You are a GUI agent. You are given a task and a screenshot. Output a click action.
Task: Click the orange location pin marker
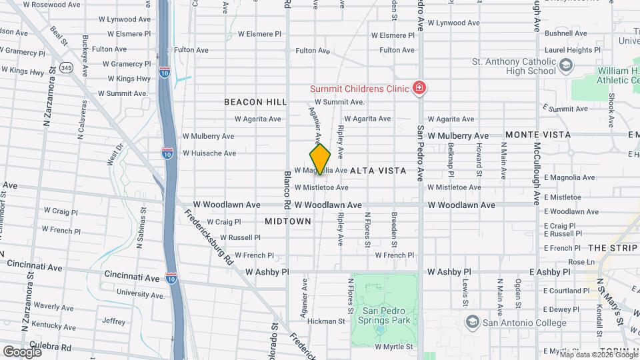pos(320,159)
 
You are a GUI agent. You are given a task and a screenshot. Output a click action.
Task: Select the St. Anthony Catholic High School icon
pos(566,65)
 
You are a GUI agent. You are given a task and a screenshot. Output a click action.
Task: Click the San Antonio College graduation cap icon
pos(473,323)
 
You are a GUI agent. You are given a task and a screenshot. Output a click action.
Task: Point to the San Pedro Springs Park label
pos(385,316)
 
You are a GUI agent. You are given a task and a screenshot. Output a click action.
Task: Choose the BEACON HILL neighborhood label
pos(255,102)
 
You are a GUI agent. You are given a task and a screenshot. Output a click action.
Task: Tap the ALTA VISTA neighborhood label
pos(378,171)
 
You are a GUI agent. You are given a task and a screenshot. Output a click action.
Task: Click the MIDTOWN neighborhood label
pos(288,221)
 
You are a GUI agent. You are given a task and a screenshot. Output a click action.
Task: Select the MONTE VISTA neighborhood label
pos(538,135)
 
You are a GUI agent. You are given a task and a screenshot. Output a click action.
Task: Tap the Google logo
pos(21,351)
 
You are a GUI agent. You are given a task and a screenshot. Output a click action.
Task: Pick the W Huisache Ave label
pos(209,153)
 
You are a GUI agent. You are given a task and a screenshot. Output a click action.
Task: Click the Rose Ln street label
pos(582,262)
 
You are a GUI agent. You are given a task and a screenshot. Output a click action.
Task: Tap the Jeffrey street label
pos(114,321)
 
